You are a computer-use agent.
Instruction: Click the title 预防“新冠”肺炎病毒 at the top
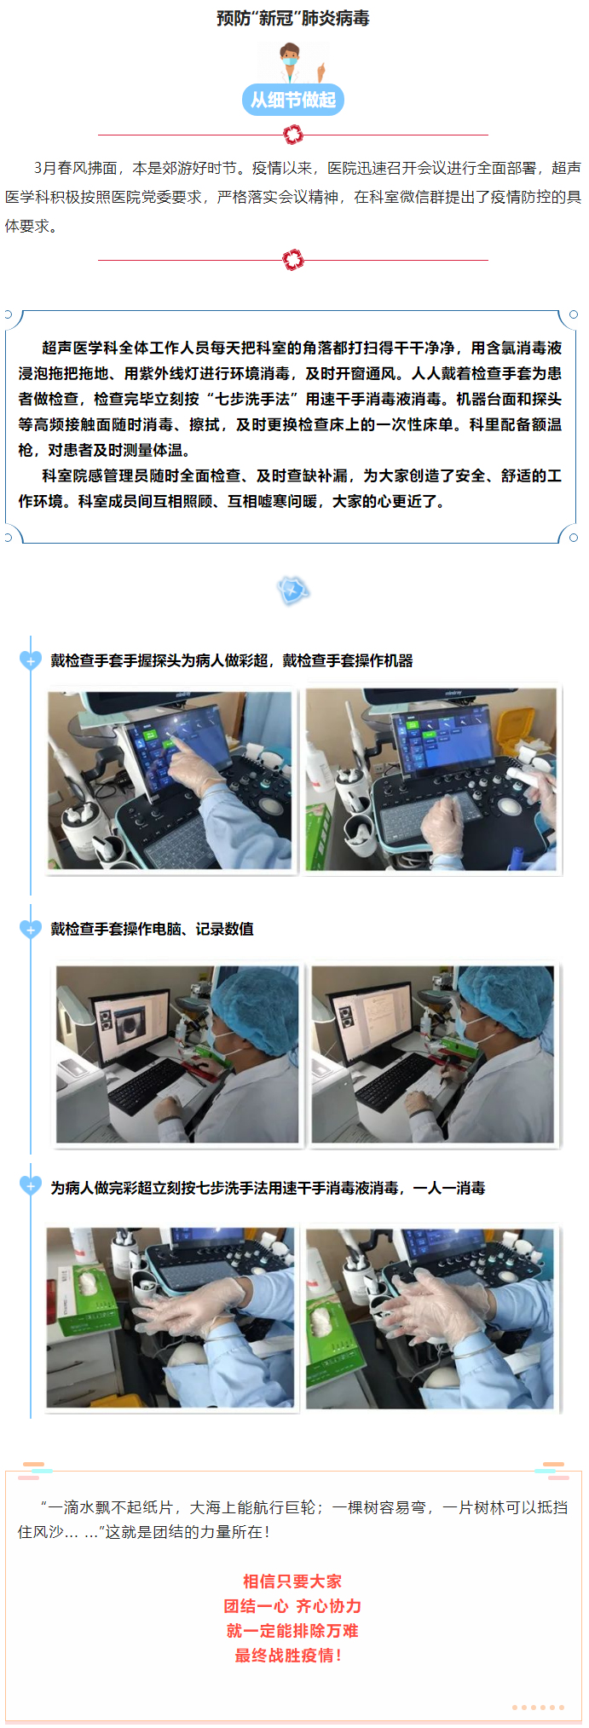[293, 18]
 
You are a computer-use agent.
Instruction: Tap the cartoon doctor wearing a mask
[294, 62]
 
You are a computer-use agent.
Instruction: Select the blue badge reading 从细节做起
[293, 100]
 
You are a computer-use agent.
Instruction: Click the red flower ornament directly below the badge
[293, 135]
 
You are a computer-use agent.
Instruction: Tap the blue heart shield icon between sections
[292, 590]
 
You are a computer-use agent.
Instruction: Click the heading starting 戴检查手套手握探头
[232, 660]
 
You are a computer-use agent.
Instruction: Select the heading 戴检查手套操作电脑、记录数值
[152, 929]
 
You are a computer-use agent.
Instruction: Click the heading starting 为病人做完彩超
[268, 1188]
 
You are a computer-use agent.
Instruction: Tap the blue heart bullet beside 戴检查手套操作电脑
[31, 929]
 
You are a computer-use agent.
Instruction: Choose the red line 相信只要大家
[292, 1581]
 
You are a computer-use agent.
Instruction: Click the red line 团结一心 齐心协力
[292, 1606]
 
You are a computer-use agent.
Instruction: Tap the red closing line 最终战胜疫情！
[289, 1656]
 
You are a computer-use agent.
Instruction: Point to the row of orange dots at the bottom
[539, 1708]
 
